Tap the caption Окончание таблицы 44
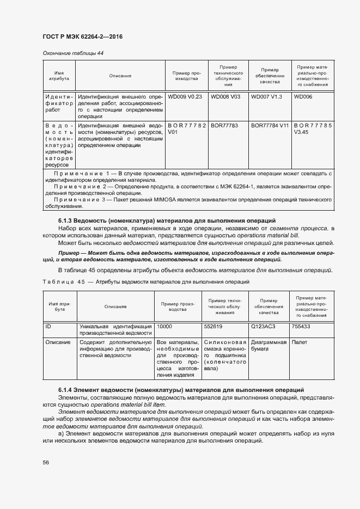[x=73, y=53]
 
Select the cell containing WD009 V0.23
[x=185, y=96]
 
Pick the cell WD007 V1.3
[x=267, y=96]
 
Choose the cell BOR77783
[x=224, y=125]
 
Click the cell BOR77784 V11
[x=270, y=125]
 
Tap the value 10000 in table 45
[x=164, y=326]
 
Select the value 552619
[x=213, y=326]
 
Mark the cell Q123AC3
[x=263, y=326]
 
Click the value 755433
[x=301, y=326]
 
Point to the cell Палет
[x=299, y=342]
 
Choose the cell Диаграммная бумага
[x=269, y=346]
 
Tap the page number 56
[x=46, y=462]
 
